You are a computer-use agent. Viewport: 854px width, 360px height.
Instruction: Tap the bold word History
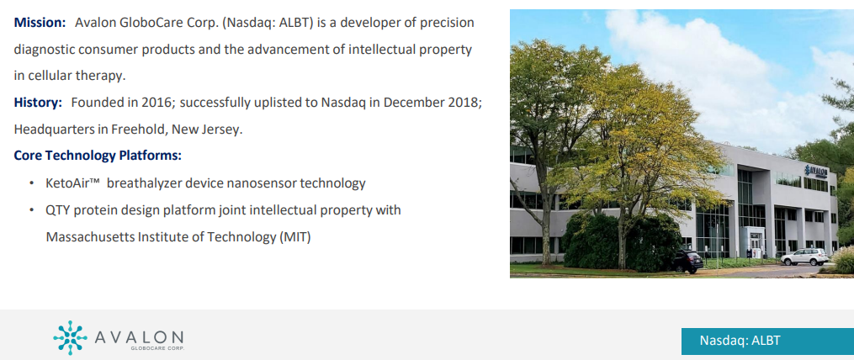pos(37,103)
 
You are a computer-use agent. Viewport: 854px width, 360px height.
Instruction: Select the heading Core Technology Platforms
pos(98,156)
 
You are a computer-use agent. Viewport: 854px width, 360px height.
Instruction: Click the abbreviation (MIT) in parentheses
pos(294,236)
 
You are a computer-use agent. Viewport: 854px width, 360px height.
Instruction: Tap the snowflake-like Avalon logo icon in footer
pos(70,337)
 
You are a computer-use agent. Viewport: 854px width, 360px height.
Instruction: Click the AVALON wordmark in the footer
pos(140,336)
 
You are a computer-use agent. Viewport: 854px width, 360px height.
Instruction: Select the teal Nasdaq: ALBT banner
pos(766,340)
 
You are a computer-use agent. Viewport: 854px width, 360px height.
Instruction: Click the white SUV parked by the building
pos(804,257)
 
